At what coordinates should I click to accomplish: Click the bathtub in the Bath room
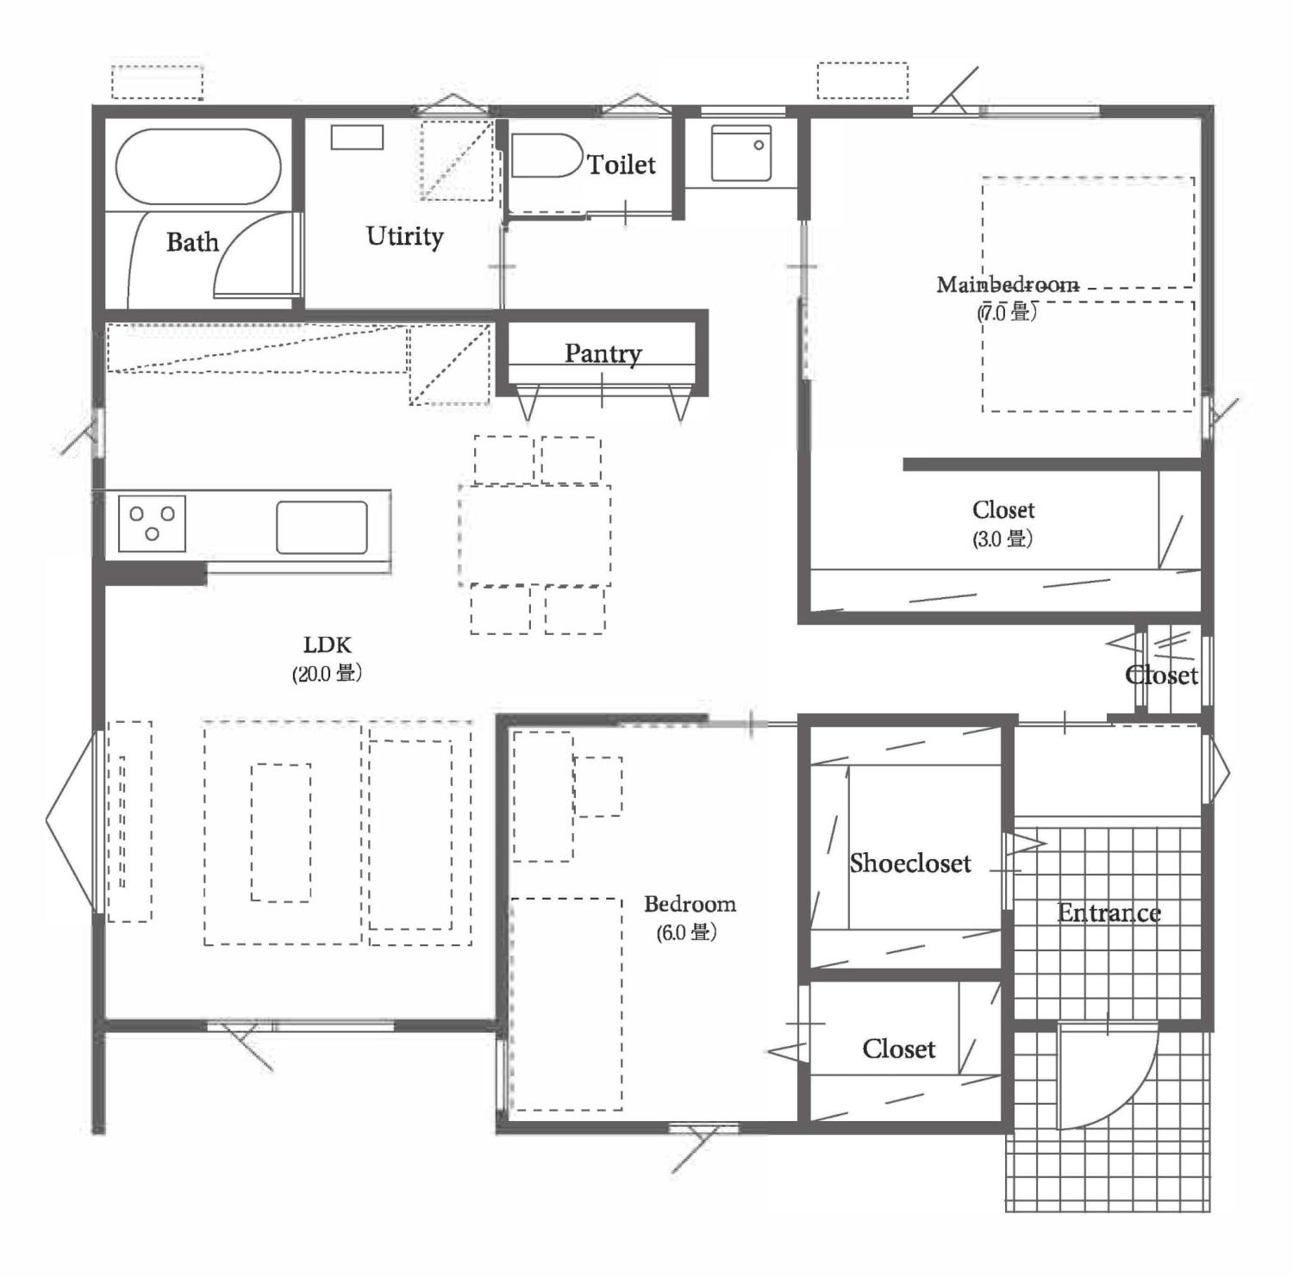[x=198, y=166]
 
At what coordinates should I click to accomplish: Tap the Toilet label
[x=622, y=164]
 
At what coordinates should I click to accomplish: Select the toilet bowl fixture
[x=546, y=155]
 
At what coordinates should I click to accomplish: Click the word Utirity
[x=404, y=236]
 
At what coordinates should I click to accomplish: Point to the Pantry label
[x=603, y=353]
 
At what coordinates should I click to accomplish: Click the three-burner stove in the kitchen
[x=152, y=523]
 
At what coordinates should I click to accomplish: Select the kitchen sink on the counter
[x=322, y=526]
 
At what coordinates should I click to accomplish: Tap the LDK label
[x=328, y=645]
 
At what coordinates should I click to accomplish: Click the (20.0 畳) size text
[x=327, y=673]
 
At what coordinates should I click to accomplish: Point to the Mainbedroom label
[x=1008, y=284]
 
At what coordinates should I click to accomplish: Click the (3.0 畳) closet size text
[x=1003, y=539]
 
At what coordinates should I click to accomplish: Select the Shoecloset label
[x=910, y=863]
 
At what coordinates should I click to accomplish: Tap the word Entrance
[x=1109, y=913]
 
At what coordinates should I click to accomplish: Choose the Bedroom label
[x=690, y=904]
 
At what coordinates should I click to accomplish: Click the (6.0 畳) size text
[x=687, y=932]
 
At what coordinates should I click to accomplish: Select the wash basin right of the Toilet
[x=741, y=153]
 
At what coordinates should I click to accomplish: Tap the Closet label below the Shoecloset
[x=899, y=1049]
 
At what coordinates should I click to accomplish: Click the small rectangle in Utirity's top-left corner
[x=357, y=137]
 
